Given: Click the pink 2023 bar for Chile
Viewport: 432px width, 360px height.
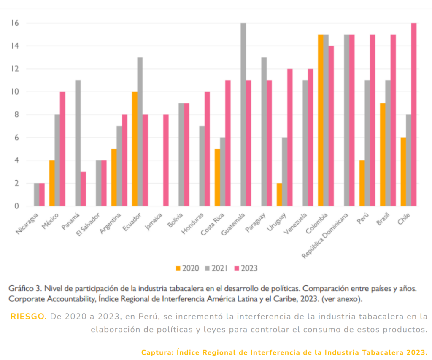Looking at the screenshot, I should tap(414, 114).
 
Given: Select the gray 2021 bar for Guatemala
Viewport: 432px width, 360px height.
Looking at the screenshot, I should tap(243, 114).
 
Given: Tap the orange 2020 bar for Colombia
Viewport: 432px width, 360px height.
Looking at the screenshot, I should tap(321, 120).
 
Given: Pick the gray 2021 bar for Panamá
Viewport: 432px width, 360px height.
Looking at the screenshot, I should tap(78, 143).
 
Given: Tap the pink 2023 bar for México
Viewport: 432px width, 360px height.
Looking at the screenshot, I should tap(62, 149).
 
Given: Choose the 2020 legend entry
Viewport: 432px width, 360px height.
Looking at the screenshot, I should tap(187, 268).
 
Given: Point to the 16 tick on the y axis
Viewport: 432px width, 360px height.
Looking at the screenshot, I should tap(15, 23).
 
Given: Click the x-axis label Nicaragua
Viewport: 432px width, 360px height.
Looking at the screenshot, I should tap(28, 224).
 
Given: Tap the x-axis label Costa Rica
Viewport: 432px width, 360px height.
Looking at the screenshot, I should tap(213, 224).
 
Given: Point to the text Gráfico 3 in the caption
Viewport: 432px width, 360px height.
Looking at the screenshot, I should tap(24, 289).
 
